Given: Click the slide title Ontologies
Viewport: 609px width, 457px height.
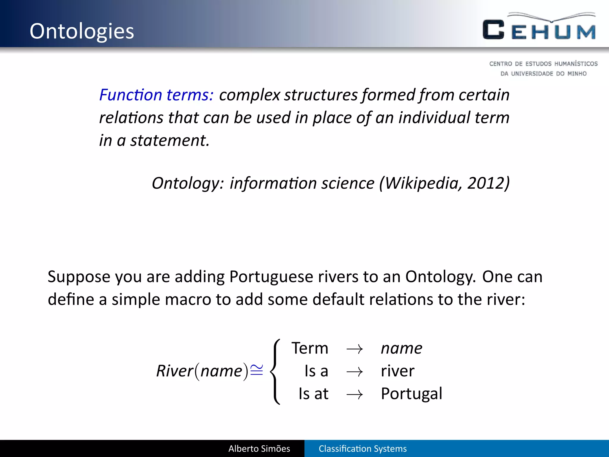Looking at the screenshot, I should pyautogui.click(x=82, y=31).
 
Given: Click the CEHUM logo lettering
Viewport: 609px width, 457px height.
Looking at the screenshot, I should pyautogui.click(x=539, y=30).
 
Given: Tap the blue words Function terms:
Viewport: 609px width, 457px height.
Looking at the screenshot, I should pyautogui.click(x=156, y=95).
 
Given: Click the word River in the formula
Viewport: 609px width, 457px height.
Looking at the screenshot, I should pyautogui.click(x=175, y=371).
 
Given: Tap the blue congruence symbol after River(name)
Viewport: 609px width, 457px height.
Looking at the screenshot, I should pyautogui.click(x=257, y=370).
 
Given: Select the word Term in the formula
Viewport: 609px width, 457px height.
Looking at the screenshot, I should pyautogui.click(x=310, y=348).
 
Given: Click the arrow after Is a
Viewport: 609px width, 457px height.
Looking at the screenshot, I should pyautogui.click(x=354, y=372).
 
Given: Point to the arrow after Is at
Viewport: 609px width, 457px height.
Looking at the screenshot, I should pyautogui.click(x=354, y=395).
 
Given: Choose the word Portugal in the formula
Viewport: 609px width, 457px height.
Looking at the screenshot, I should pyautogui.click(x=412, y=394).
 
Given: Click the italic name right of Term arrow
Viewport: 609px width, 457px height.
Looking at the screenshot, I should pyautogui.click(x=401, y=348).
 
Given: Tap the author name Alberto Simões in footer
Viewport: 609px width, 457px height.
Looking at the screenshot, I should pyautogui.click(x=259, y=449).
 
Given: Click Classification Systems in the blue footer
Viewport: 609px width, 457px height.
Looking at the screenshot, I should pyautogui.click(x=362, y=449).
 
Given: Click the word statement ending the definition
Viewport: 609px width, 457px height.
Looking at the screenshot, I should pyautogui.click(x=169, y=140).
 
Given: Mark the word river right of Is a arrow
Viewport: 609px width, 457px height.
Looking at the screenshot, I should pyautogui.click(x=398, y=371).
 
